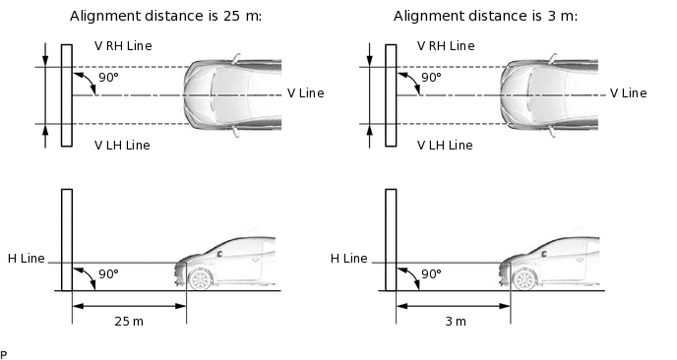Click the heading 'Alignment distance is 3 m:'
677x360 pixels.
[485, 16]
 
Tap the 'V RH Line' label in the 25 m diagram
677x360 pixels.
[123, 46]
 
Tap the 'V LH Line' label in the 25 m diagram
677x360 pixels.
[122, 145]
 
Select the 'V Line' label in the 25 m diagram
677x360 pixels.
[305, 93]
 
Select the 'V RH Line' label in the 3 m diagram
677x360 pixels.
[446, 46]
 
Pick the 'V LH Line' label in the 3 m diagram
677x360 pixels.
[445, 145]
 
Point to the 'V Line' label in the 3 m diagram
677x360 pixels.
[628, 93]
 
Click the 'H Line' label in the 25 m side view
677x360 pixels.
[26, 258]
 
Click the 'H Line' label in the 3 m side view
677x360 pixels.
[348, 258]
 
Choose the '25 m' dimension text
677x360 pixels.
[129, 322]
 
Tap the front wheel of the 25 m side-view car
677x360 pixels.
[201, 279]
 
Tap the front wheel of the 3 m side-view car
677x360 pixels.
[523, 279]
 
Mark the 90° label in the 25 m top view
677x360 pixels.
[108, 77]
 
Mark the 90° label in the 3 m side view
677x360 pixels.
[431, 274]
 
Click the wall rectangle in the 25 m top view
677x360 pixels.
[66, 94]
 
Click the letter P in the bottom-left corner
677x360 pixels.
[4, 353]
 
